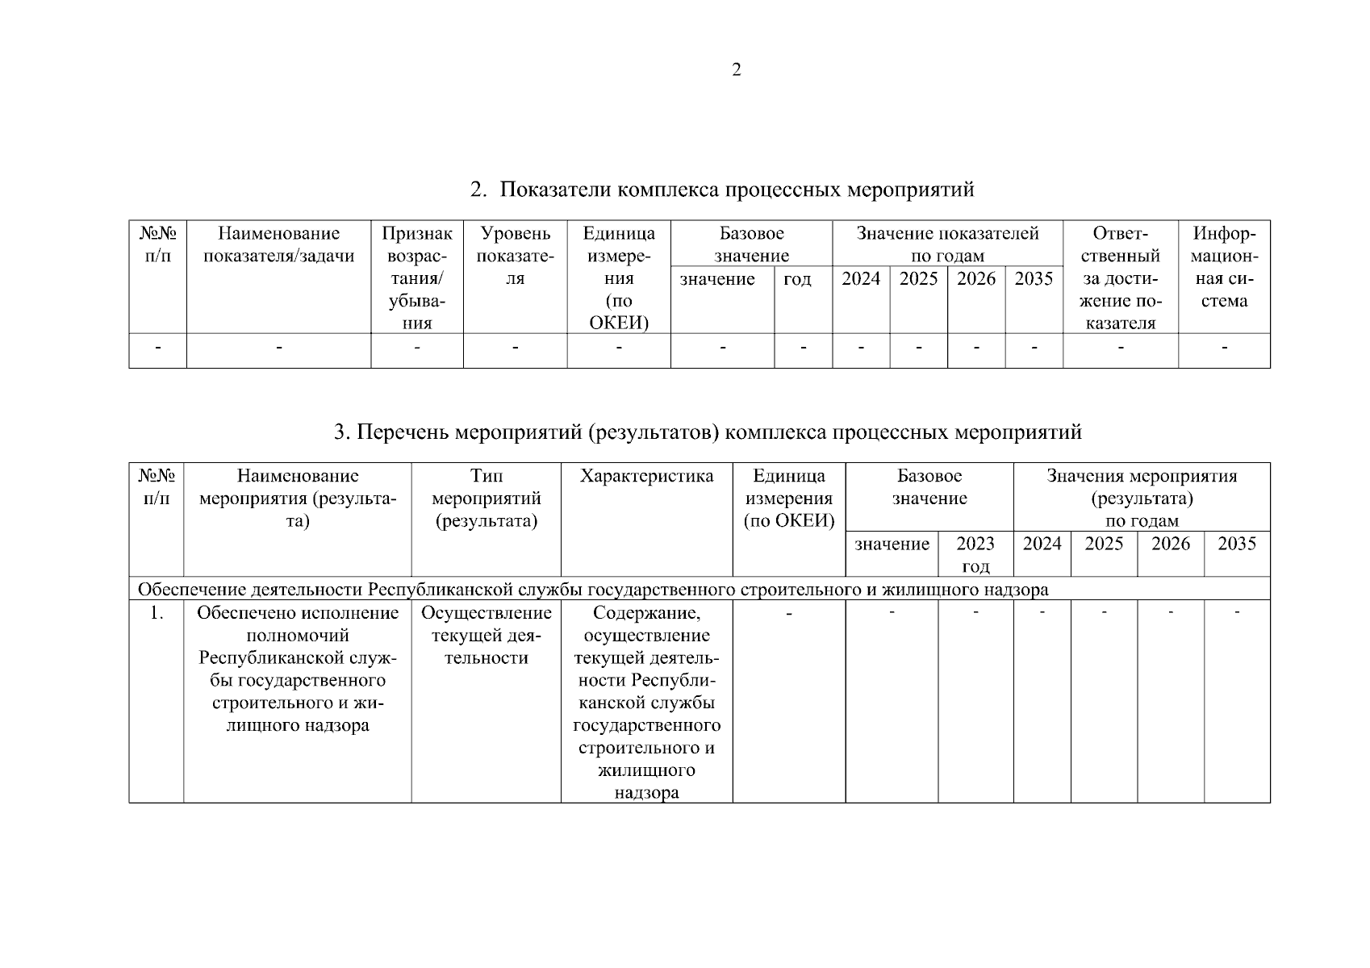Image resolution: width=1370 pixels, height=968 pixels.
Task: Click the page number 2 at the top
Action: (736, 70)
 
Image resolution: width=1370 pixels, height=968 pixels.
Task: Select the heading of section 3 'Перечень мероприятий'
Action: (707, 433)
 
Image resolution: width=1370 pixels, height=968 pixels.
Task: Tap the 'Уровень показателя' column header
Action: (515, 256)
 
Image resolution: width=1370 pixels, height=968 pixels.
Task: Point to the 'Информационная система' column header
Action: (1224, 267)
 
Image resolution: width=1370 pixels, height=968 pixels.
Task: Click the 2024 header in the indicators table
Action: (860, 279)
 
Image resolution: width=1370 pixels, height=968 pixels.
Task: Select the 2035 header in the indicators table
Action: (1034, 279)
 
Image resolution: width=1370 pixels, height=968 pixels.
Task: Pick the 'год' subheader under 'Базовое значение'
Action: (796, 279)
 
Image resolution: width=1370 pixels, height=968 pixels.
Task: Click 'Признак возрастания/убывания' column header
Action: (417, 278)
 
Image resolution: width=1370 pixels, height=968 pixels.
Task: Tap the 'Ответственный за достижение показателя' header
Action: (1120, 278)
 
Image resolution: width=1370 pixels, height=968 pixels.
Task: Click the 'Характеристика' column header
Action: (646, 476)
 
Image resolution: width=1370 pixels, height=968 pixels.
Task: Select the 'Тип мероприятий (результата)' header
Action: (486, 498)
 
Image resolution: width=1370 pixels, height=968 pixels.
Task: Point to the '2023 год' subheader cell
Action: (975, 553)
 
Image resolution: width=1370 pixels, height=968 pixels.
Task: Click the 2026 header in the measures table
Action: (1170, 544)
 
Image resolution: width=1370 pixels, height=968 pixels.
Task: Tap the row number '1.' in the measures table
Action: (157, 613)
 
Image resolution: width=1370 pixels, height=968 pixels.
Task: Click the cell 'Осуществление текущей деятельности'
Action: (486, 635)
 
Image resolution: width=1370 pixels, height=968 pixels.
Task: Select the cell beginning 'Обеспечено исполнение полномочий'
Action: (298, 669)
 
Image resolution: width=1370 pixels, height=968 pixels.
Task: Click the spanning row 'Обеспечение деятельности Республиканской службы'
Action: (593, 590)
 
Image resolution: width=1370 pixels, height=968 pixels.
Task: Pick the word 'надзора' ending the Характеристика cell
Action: (646, 792)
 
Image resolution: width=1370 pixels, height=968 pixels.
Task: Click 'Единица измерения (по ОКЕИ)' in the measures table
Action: (788, 498)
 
